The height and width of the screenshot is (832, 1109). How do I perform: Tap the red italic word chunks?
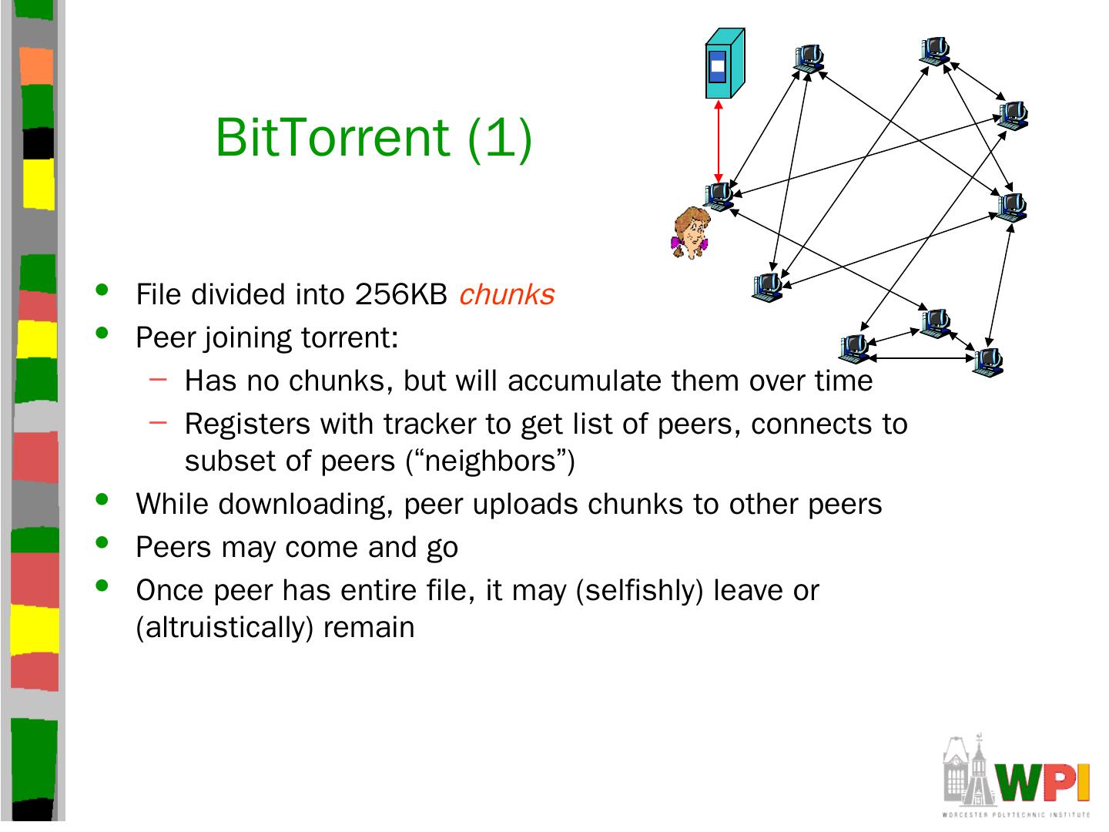coord(507,294)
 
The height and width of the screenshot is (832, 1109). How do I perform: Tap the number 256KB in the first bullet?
coord(402,294)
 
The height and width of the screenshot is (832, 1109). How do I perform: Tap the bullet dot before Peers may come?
coord(102,542)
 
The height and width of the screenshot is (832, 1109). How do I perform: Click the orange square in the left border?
coord(36,66)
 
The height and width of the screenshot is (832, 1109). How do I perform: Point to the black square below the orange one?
coord(38,143)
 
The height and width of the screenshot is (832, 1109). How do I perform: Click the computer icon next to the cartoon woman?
coord(719,196)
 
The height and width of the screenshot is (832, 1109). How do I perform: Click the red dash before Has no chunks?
coord(158,378)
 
